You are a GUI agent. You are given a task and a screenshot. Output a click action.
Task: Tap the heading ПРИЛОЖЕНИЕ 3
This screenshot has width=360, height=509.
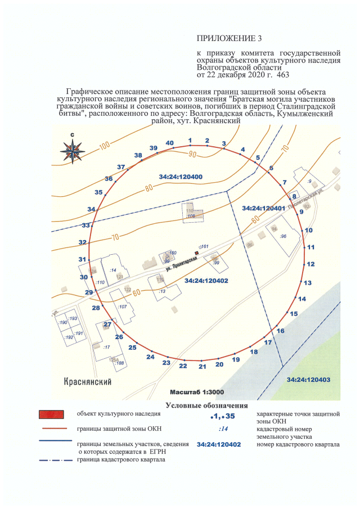229,38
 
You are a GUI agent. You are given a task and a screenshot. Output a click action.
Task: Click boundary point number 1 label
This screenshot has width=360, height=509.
190,140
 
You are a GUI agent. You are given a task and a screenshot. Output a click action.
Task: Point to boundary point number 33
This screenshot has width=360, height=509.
85,226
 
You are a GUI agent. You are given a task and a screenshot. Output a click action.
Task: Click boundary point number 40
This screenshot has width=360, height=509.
169,143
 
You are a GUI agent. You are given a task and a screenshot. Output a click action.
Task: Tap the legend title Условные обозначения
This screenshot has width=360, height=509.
206,405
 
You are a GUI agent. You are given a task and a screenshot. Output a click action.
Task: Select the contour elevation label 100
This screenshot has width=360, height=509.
104,147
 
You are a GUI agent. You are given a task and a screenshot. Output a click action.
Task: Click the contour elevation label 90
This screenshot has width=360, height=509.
192,154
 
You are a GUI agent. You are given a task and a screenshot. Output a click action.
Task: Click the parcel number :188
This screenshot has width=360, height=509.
119,363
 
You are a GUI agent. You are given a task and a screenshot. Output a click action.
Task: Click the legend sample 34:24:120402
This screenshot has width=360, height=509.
219,444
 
